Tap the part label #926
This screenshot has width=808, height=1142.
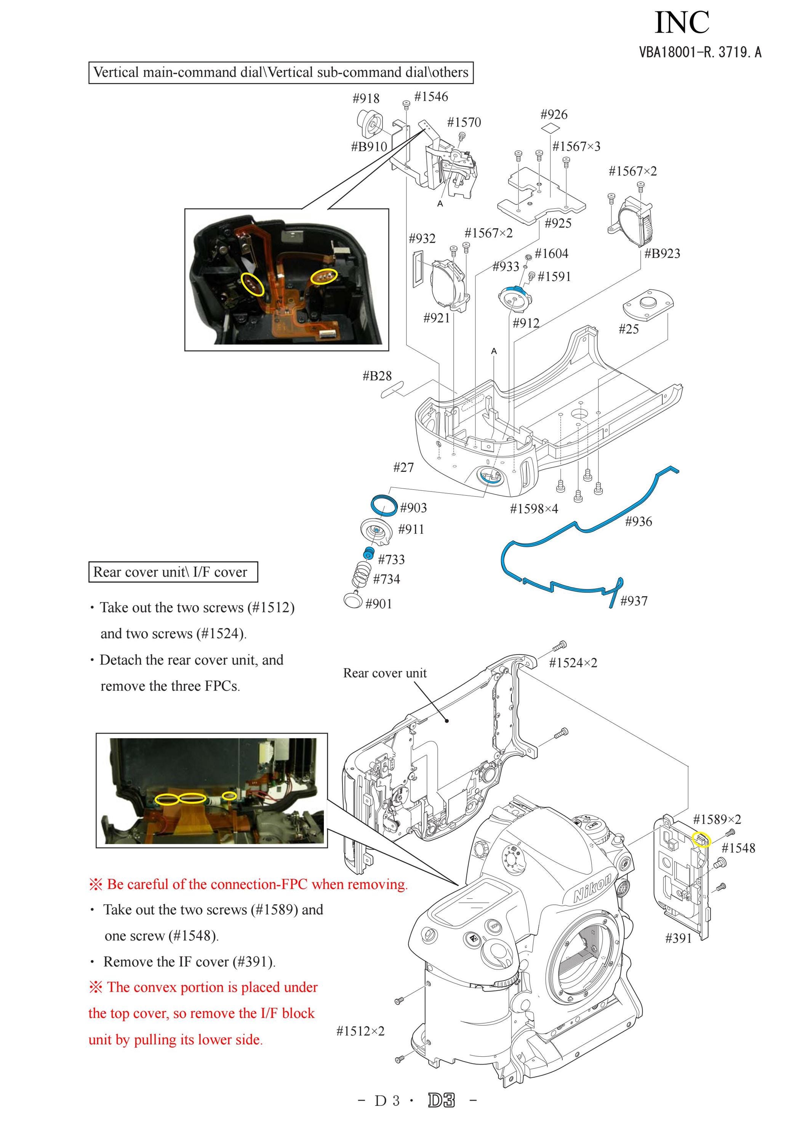pos(554,114)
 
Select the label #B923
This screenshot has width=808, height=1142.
pos(662,253)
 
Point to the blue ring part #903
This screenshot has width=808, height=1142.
pos(384,505)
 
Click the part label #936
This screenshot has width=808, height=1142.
pos(638,521)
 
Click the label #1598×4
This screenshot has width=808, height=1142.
pos(534,508)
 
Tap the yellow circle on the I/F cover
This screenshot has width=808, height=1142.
pos(702,840)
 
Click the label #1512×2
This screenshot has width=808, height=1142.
pos(360,1031)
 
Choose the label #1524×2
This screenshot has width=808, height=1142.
pos(573,663)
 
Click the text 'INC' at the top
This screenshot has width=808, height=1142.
pos(682,23)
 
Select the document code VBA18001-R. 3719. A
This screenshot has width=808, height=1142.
pos(701,52)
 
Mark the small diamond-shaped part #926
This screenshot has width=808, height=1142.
pos(550,128)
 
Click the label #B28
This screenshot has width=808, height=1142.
pos(377,376)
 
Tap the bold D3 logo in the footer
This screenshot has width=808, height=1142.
pos(441,1115)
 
